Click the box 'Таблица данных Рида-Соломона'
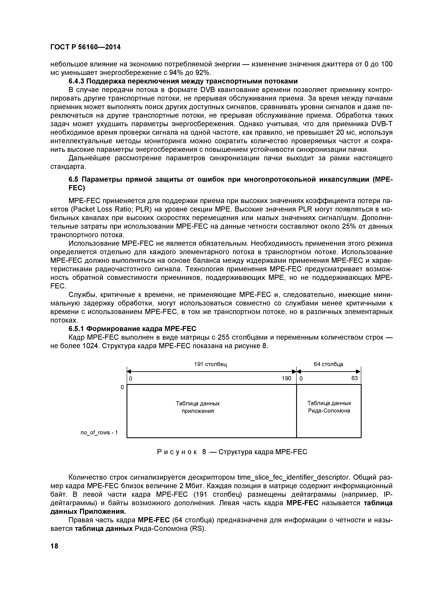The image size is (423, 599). (329, 407)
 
